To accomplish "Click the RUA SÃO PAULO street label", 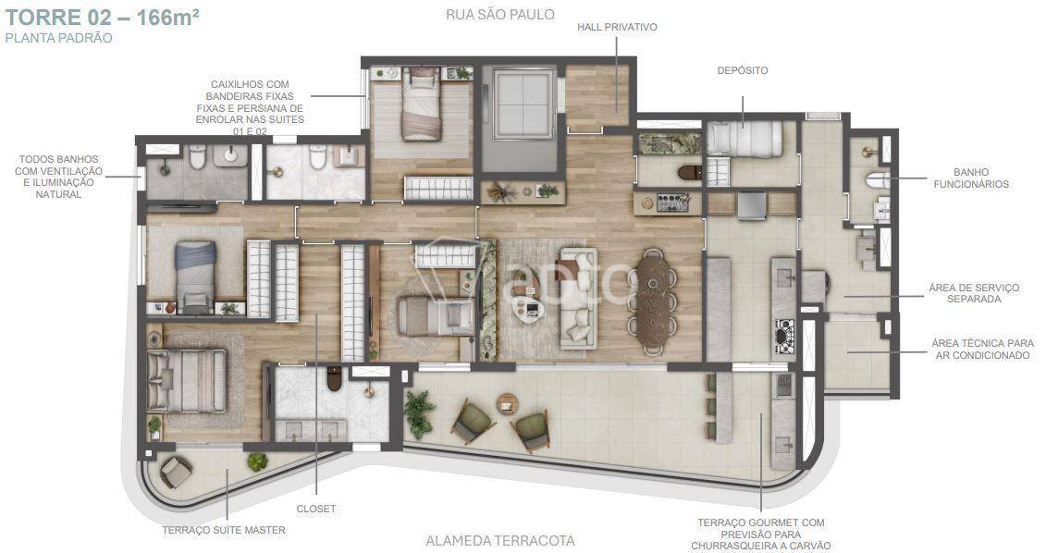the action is (500, 14).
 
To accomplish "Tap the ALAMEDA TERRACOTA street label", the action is (500, 540).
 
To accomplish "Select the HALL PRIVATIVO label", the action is (617, 28).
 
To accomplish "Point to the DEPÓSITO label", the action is (743, 70).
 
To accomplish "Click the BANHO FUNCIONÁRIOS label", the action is (971, 178).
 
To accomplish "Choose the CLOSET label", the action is (316, 509).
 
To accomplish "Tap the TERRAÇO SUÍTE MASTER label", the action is (224, 530).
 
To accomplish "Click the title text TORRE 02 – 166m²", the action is (102, 17).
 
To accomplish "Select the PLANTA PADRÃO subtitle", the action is (58, 38).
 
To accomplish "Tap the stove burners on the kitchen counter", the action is (784, 336).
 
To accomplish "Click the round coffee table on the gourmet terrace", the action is (508, 403).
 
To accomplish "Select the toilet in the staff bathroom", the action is (878, 179).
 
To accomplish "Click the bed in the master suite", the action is (187, 381).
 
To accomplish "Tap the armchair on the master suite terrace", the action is (176, 473).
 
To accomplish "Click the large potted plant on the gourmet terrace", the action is (419, 413).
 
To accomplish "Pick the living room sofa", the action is (578, 298).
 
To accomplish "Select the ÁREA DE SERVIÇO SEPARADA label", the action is (974, 293).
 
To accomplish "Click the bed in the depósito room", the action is (745, 139).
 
